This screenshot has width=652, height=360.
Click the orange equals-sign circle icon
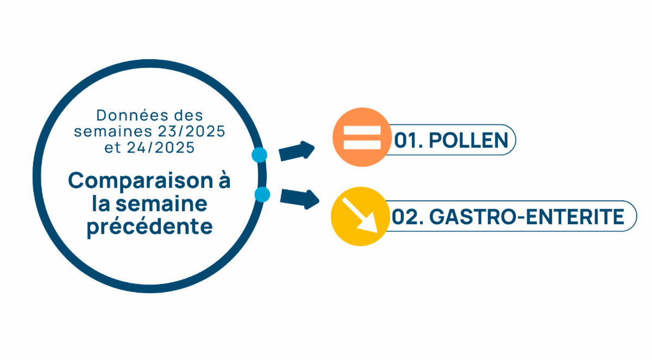(362, 137)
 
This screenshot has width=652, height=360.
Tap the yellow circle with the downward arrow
(360, 216)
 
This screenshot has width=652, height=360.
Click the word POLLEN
(468, 140)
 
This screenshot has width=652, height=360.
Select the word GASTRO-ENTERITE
(527, 217)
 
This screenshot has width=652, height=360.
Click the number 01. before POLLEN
(409, 140)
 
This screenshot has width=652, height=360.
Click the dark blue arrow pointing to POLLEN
(297, 151)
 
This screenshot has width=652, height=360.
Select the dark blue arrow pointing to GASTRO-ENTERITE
(299, 199)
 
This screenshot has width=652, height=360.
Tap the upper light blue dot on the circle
(259, 155)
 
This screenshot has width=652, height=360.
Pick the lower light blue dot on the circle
(262, 194)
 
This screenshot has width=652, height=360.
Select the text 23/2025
(191, 131)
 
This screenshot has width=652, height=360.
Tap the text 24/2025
(161, 148)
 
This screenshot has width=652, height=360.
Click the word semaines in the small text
(113, 131)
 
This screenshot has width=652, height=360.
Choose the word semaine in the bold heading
(161, 204)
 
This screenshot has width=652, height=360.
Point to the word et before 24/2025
(112, 148)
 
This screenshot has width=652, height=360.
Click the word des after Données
(189, 116)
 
